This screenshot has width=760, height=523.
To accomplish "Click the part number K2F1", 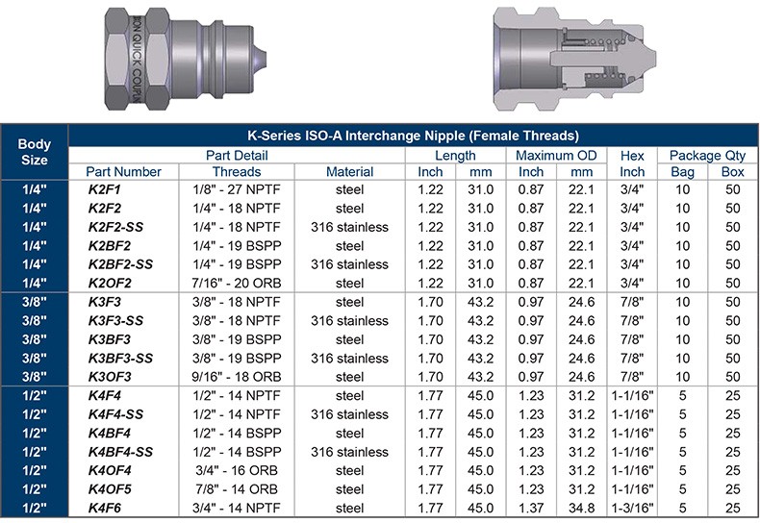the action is pos(104,189).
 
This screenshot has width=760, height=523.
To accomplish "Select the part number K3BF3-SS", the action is pos(120,359).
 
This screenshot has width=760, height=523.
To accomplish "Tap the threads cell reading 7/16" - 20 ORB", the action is pos(237,284).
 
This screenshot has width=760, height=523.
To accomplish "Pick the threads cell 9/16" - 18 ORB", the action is pos(237,377).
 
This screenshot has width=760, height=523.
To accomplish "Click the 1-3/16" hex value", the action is pos(632,508).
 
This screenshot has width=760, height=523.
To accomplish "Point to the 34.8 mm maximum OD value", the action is pos(581,508).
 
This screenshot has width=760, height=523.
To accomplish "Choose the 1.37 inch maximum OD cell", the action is pos(531,508).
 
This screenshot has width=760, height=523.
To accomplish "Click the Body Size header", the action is pos(35,152).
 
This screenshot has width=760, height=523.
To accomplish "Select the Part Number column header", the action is pos(123,172).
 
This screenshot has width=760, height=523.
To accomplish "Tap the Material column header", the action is pos(349,172).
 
